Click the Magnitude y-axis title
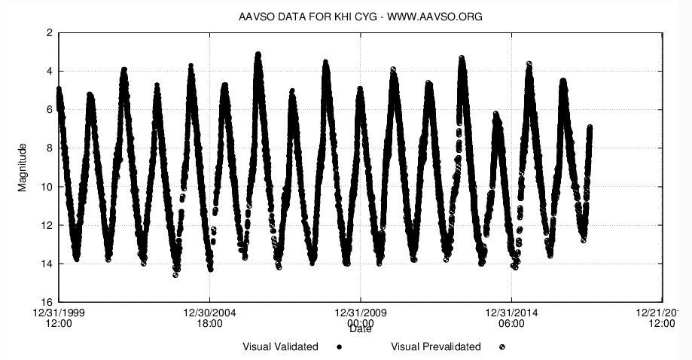pos(23,167)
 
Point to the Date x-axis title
pos(360,328)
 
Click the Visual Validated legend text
pos(280,347)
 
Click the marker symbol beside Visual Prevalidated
pos(501,347)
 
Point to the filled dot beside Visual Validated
pos(340,347)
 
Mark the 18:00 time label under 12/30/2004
pos(209,324)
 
